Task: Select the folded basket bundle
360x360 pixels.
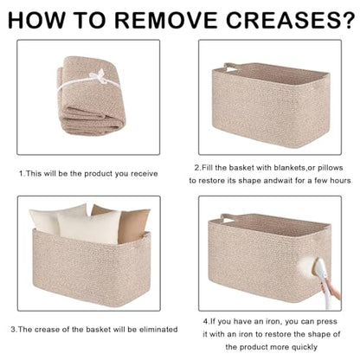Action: [91, 95]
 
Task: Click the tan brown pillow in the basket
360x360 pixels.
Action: [130, 223]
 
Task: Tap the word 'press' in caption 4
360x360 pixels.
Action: [327, 322]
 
